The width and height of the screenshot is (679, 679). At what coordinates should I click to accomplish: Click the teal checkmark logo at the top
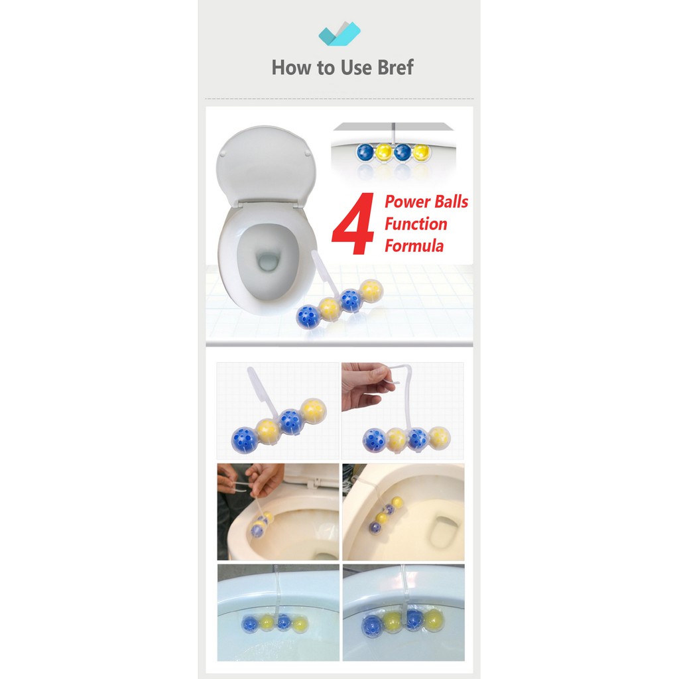pyautogui.click(x=339, y=33)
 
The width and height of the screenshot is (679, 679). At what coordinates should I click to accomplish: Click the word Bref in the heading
pyautogui.click(x=395, y=68)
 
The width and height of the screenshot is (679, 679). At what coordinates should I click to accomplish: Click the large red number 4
pyautogui.click(x=353, y=223)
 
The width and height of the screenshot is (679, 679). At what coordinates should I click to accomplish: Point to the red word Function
pyautogui.click(x=416, y=224)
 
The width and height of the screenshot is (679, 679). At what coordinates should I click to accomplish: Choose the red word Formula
pyautogui.click(x=414, y=246)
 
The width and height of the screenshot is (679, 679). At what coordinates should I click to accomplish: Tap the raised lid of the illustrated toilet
pyautogui.click(x=266, y=166)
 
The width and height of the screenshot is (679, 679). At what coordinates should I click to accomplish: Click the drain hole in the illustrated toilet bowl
pyautogui.click(x=268, y=261)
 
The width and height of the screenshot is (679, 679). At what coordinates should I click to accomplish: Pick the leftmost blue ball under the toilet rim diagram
pyautogui.click(x=365, y=152)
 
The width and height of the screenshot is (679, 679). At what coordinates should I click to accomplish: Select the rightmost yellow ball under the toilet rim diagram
pyautogui.click(x=421, y=153)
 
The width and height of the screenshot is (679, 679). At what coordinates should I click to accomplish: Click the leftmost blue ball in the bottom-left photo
pyautogui.click(x=250, y=624)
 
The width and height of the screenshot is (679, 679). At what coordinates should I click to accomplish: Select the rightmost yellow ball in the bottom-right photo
pyautogui.click(x=433, y=620)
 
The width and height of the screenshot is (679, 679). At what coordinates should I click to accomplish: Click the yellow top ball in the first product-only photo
pyautogui.click(x=314, y=411)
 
